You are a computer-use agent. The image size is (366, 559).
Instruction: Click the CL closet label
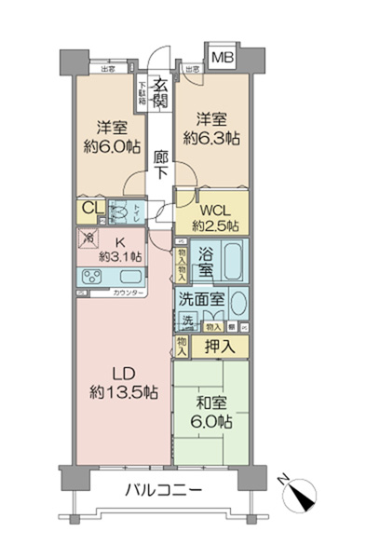tap(90, 210)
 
